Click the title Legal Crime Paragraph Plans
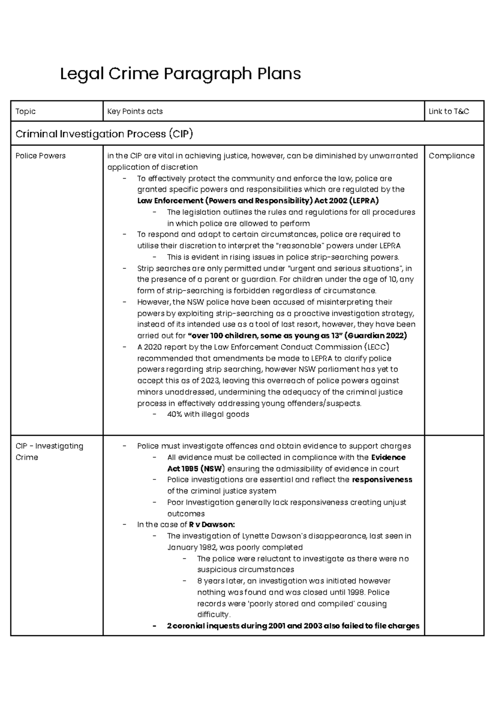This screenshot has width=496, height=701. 180,74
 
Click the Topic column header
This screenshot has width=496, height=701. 25,111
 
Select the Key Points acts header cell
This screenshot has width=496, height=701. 135,111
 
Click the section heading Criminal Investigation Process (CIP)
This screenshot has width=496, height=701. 104,134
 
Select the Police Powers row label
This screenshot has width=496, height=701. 41,156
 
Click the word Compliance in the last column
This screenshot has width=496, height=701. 451,156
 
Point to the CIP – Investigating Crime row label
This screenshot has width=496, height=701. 49,451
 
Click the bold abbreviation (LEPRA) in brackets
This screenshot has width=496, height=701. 364,201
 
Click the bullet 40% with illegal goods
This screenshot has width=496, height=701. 208,414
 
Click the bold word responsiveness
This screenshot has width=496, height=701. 382,479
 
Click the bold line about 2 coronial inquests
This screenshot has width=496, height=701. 293,626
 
